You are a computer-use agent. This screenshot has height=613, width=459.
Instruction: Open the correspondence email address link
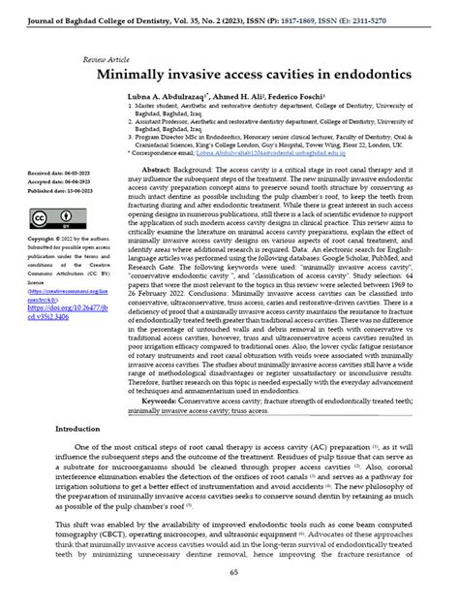[297, 152]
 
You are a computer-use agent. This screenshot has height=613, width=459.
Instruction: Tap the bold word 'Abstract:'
[161, 168]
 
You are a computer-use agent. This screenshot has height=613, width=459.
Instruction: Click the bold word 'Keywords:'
[163, 397]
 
